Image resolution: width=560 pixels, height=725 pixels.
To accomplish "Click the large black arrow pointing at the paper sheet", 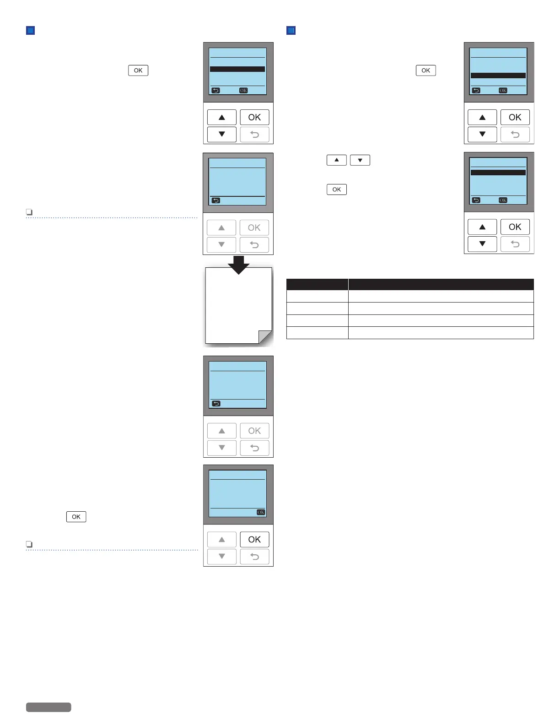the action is pos(238,265).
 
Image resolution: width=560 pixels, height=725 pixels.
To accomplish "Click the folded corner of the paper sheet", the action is pos(265,337).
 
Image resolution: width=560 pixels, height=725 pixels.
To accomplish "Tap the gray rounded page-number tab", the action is pos(48,707).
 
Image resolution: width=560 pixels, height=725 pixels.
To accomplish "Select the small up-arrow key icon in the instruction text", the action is pos(337,160).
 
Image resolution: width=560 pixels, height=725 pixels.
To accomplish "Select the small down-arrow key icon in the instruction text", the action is pos(360,160).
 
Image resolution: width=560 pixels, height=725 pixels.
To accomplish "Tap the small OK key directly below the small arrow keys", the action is pos(337,189).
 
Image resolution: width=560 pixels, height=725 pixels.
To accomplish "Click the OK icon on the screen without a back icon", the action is pos(261,512).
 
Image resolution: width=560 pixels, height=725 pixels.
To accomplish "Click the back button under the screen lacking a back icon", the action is pos(254,557).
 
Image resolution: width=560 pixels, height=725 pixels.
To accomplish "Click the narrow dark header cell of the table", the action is pos(317,284).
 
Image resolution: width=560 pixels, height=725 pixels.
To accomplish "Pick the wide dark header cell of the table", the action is pos(441,284).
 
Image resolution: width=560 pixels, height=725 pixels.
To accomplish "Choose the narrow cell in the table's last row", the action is pos(317,333).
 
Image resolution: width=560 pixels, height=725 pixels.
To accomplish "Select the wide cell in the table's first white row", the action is pos(441,296).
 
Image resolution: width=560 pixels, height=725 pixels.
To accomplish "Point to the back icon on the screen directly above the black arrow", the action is pos(216,200).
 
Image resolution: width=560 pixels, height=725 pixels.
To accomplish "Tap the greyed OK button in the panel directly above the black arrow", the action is pos(254,227).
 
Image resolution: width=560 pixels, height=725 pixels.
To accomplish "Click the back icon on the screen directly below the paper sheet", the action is pos(216,404).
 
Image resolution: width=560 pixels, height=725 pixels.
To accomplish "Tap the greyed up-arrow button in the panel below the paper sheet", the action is pos(222,431).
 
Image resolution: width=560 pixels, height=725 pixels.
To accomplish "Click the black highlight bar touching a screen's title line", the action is pos(498,173).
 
